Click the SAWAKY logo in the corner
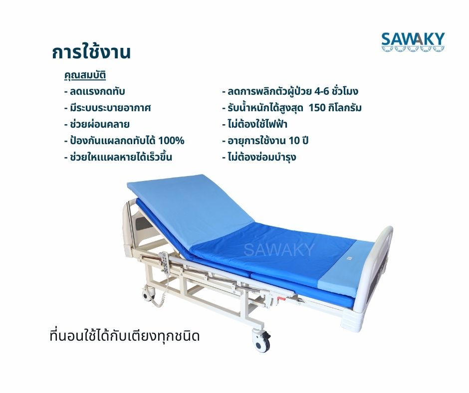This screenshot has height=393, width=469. point(413,42)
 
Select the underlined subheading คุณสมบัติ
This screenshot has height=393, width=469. point(85,75)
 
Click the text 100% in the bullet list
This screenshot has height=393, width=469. point(171,141)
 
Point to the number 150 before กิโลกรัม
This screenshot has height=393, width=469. point(318,108)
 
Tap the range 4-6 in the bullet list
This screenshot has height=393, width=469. point(322,91)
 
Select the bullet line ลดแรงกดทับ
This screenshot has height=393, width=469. point(94,91)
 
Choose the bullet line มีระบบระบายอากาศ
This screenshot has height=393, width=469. point(107,108)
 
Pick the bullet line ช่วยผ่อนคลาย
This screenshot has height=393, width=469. point(97,124)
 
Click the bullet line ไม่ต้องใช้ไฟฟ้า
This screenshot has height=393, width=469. point(255,124)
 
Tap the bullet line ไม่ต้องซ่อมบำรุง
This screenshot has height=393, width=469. point(259,157)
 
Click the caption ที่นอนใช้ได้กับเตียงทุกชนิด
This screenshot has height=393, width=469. point(125,336)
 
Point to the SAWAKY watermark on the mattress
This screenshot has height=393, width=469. point(279,250)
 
